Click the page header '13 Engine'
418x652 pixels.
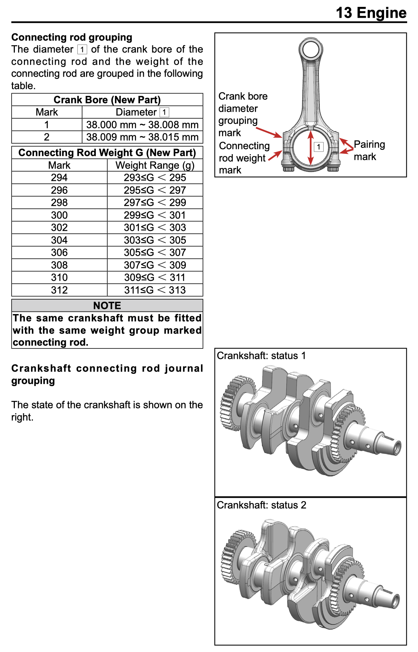click(x=371, y=13)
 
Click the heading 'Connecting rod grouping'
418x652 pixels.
click(x=72, y=37)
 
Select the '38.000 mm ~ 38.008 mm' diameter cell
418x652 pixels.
click(x=142, y=125)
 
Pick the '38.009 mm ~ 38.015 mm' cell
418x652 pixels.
click(x=142, y=137)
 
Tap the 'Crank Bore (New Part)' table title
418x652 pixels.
click(x=107, y=100)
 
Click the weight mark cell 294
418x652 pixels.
click(x=59, y=178)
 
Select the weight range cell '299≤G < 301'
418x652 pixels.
click(x=155, y=215)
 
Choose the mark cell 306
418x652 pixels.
click(x=59, y=253)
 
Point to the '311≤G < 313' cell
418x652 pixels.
click(x=155, y=290)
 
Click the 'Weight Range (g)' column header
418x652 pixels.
click(x=155, y=165)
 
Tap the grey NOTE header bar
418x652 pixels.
click(x=107, y=306)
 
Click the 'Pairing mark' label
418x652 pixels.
click(x=369, y=151)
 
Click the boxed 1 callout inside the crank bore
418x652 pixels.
click(x=319, y=147)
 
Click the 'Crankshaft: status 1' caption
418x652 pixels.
click(x=261, y=356)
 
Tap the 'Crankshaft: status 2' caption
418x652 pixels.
click(x=261, y=505)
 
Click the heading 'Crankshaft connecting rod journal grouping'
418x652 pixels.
click(x=107, y=374)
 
